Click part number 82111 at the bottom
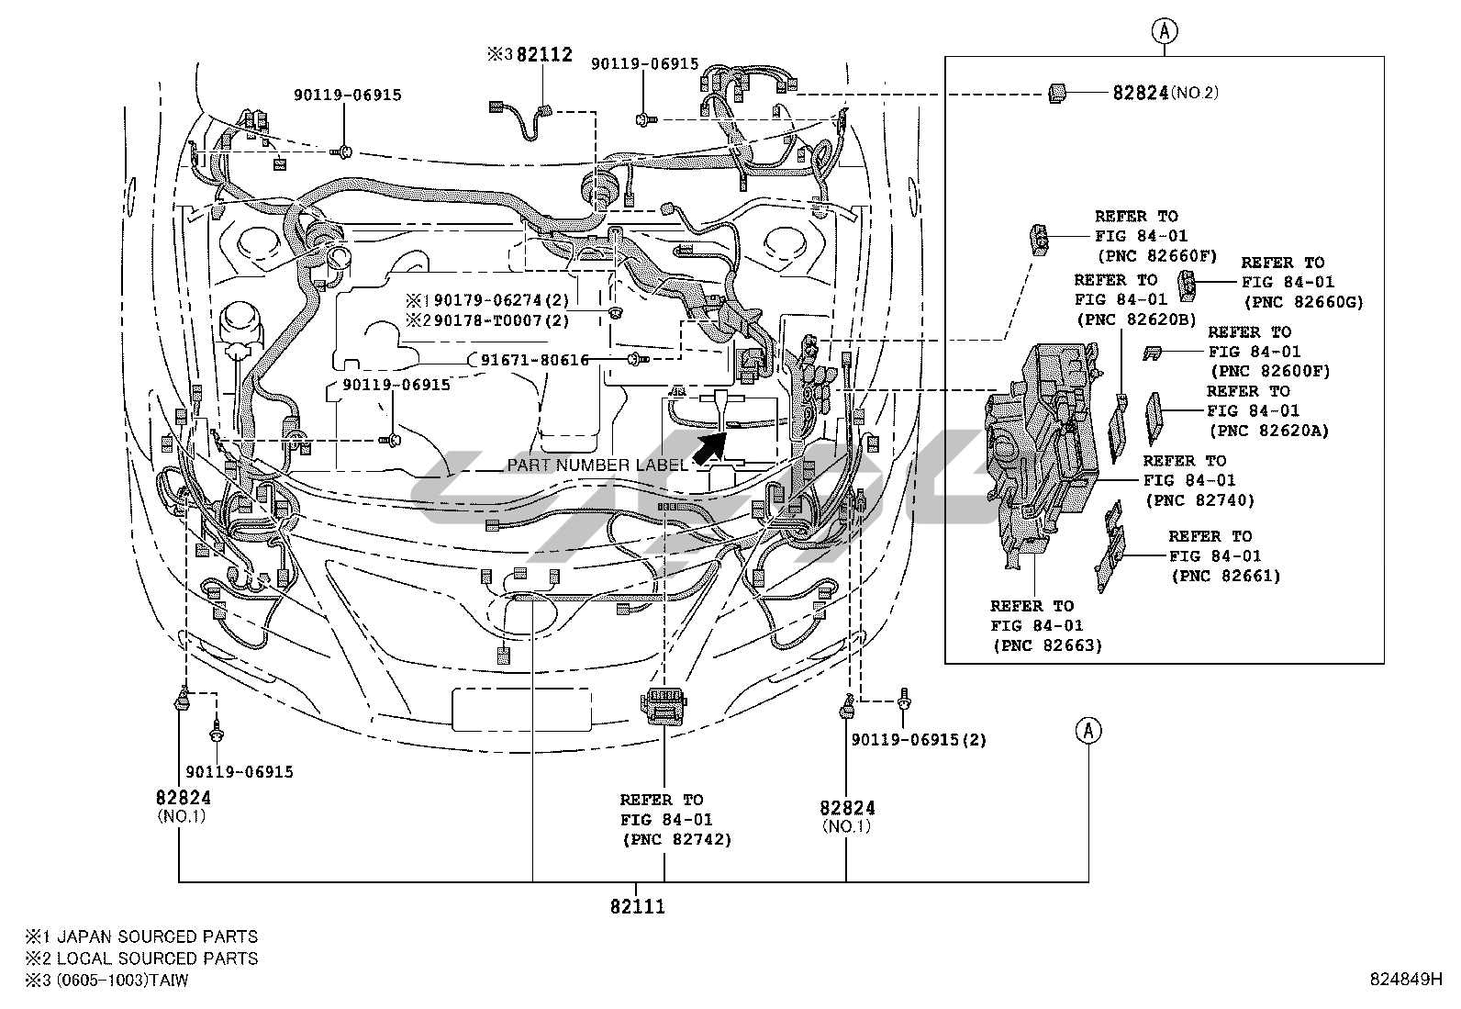coord(637,906)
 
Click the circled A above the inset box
coord(1165,31)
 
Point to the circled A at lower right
coord(1088,731)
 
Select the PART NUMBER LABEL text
coord(597,465)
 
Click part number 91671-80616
coord(535,360)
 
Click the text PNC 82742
coord(676,839)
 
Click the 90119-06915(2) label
coord(919,740)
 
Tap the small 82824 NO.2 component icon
coord(1056,92)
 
